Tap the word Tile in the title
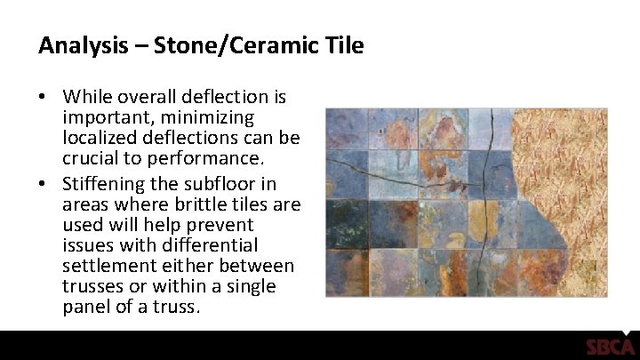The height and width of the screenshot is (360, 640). (x=345, y=45)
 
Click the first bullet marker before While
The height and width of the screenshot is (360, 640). (x=44, y=96)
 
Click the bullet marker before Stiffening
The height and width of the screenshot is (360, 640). (x=44, y=184)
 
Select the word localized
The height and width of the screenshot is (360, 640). (x=100, y=140)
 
